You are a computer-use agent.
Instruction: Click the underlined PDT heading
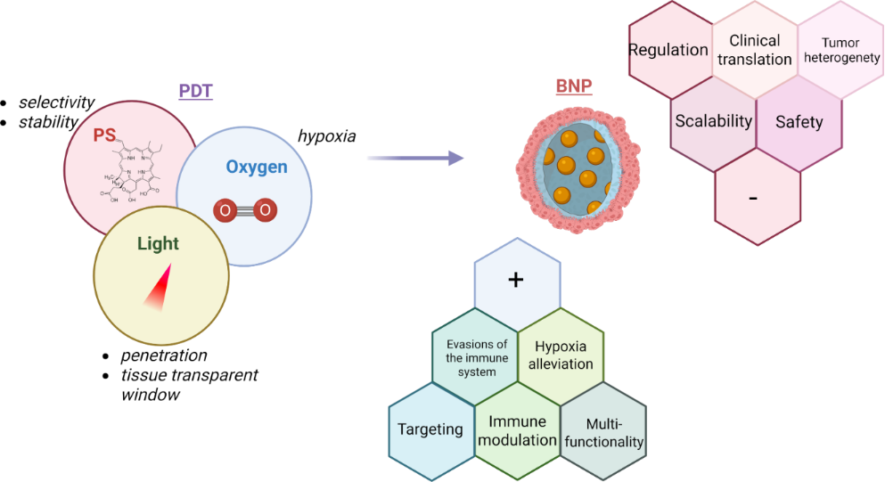(x=196, y=91)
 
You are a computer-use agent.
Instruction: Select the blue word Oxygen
(x=256, y=167)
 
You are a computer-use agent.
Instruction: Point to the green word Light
(x=158, y=243)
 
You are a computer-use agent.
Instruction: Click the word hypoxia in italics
(x=326, y=136)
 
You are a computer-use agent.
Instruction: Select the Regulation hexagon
(x=668, y=50)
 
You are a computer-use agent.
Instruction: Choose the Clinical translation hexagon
(x=754, y=50)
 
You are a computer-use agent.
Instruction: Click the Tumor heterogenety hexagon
(x=839, y=50)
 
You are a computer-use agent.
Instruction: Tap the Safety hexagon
(x=799, y=122)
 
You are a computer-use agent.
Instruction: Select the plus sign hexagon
(x=515, y=280)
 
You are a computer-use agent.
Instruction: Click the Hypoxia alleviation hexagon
(x=563, y=355)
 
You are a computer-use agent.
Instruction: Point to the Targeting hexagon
(x=430, y=429)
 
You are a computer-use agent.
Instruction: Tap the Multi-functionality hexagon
(x=602, y=432)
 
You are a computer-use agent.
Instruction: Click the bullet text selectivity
(x=56, y=103)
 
